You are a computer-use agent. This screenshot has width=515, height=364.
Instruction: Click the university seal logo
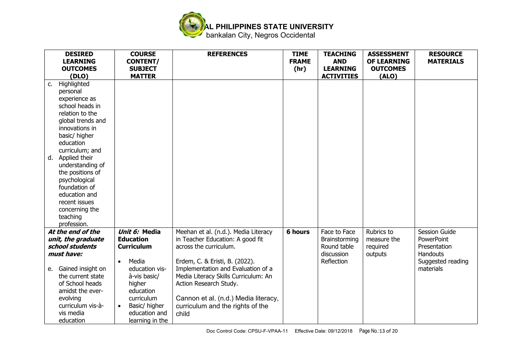[x=192, y=25]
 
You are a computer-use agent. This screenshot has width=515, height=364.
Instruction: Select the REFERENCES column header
[x=227, y=54]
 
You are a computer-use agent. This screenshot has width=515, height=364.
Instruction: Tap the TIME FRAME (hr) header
[x=300, y=61]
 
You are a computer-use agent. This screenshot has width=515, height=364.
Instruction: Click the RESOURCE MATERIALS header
[x=446, y=58]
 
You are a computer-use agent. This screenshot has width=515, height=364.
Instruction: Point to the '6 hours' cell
[x=298, y=232]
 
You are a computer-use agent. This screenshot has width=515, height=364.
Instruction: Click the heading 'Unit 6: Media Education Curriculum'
[x=139, y=239]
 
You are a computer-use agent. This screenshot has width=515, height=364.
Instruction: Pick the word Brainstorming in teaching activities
[x=340, y=239]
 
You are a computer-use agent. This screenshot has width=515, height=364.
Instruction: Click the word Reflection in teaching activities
[x=334, y=261]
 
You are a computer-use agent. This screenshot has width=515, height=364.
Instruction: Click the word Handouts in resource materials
[x=431, y=254]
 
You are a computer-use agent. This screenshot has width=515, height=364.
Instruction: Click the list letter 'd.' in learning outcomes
[x=51, y=158]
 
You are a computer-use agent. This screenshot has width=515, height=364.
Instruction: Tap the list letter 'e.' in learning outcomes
[x=51, y=269]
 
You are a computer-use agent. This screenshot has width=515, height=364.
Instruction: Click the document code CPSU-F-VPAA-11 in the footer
[x=268, y=331]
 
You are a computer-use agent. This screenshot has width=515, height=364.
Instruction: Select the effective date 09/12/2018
[x=340, y=331]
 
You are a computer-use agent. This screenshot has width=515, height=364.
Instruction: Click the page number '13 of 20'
[x=389, y=331]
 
